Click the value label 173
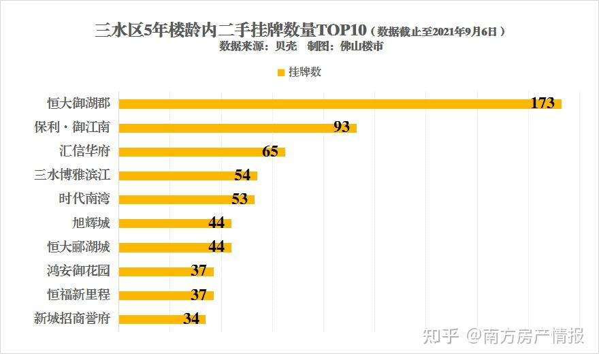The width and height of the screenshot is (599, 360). pos(543,103)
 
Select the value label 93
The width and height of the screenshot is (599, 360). pos(342,127)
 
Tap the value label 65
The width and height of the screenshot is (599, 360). pos(270,151)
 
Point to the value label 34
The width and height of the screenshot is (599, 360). pos(191,318)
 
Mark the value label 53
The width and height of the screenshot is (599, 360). pos(240,199)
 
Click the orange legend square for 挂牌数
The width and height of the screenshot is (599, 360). pos(280,71)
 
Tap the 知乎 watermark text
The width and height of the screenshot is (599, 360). pos(440,336)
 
